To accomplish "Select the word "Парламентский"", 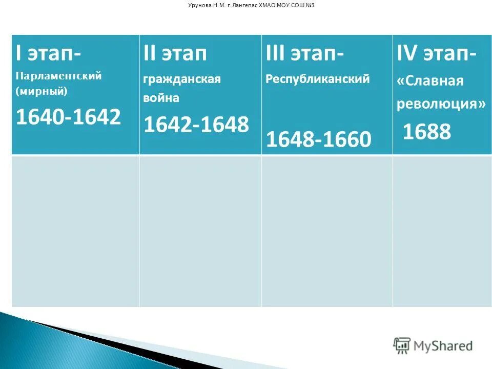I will click(x=59, y=76).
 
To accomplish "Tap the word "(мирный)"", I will click(x=42, y=92).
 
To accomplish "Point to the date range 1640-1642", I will click(x=68, y=117).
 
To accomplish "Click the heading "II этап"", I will click(x=175, y=54).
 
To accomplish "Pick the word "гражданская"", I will click(x=182, y=79).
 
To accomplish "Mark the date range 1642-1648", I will click(x=196, y=125).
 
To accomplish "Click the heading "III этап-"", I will click(x=305, y=54).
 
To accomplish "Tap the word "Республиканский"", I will click(x=318, y=79).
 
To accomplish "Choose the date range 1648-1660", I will click(x=319, y=139).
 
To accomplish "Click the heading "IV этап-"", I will click(x=437, y=54).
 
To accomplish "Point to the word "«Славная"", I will click(x=430, y=81).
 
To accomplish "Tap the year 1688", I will click(x=427, y=132).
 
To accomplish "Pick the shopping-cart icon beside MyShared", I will click(x=402, y=345).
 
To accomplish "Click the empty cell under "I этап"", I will click(x=75, y=231).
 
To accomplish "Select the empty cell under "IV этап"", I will click(x=442, y=231).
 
